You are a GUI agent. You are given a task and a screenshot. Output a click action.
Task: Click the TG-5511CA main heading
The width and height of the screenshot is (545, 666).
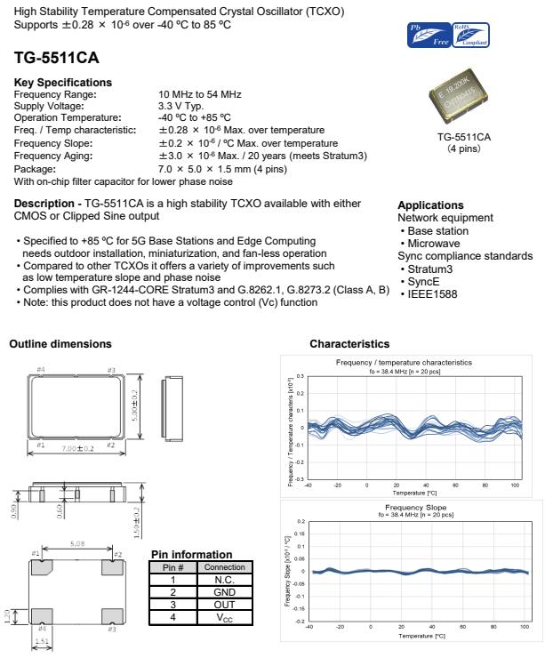(x=55, y=58)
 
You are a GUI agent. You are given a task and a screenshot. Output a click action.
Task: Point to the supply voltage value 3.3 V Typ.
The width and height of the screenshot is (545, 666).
(x=183, y=105)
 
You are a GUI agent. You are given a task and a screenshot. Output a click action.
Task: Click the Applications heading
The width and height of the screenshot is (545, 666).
(x=430, y=205)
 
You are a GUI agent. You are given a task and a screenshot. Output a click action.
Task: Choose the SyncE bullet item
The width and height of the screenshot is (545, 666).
(x=425, y=281)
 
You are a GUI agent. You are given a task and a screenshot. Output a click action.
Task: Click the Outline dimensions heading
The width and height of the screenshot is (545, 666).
(x=60, y=343)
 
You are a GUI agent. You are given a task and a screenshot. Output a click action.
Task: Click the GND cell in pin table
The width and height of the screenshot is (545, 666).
(x=224, y=590)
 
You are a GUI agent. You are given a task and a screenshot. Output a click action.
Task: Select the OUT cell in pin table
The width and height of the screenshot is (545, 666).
(x=224, y=602)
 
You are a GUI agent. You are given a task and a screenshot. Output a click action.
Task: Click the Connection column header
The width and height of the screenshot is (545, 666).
(x=224, y=566)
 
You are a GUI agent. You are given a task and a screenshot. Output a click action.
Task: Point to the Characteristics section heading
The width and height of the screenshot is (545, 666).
(x=349, y=343)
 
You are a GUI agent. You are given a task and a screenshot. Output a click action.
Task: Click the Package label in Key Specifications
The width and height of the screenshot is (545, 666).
(x=35, y=168)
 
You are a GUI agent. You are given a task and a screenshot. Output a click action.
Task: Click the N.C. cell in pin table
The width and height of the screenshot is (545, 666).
(x=224, y=578)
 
